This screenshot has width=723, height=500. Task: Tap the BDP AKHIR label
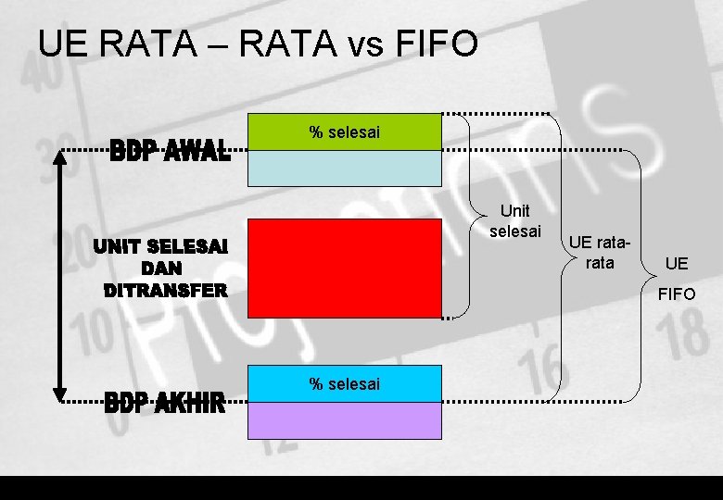point(165,403)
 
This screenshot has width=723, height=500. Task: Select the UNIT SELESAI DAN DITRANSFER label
point(159,269)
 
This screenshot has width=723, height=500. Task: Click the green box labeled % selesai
point(344,132)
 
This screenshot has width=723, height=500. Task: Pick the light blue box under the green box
point(344,169)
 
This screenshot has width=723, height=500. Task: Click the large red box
point(344,269)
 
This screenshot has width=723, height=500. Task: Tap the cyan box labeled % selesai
point(344,384)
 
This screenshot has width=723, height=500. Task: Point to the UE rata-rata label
point(600,253)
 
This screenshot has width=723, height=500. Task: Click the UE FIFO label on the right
point(677,279)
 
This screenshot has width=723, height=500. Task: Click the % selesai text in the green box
point(344,132)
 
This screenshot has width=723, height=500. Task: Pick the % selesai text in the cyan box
point(344,384)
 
